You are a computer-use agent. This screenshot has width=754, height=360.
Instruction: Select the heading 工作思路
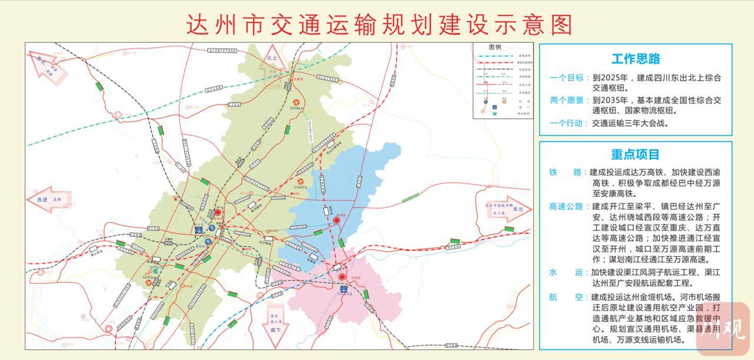pyautogui.click(x=636, y=59)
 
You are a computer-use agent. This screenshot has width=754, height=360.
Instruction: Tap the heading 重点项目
pyautogui.click(x=636, y=154)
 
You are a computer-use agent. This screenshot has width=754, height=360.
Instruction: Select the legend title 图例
pyautogui.click(x=495, y=47)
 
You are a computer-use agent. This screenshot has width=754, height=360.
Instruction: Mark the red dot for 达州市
pyautogui.click(x=218, y=212)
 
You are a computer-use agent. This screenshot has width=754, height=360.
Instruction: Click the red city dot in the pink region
pyautogui.click(x=342, y=278)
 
